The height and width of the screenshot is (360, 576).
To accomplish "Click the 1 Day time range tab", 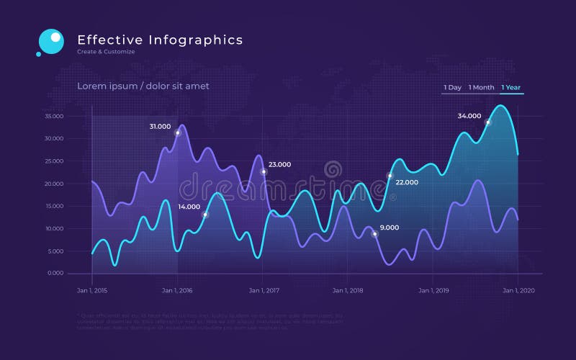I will (x=452, y=88).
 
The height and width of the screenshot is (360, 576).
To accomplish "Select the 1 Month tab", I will (x=481, y=88).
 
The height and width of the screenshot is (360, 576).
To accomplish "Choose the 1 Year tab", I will (x=511, y=88).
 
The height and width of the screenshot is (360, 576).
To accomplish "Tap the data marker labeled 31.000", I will (x=178, y=132).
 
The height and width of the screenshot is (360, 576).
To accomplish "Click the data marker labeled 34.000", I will (x=487, y=122).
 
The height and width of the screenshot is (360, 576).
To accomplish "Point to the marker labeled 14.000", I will (x=205, y=215).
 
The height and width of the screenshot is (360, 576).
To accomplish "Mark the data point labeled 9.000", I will (x=374, y=234).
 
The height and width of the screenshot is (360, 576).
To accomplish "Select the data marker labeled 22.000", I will (x=390, y=176).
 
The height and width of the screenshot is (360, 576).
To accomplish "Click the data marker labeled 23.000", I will (x=264, y=172).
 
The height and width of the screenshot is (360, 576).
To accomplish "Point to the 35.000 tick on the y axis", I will (x=55, y=116).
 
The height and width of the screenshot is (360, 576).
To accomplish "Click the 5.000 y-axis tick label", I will (x=56, y=251).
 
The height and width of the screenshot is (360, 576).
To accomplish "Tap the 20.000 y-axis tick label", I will (x=55, y=184).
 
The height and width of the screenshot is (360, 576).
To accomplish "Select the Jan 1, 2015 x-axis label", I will (x=92, y=290).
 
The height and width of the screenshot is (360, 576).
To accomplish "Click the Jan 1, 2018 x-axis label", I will (x=348, y=290).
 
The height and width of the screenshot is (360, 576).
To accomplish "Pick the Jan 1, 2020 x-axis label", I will (x=518, y=290).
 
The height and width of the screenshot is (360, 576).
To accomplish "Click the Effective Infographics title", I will (x=160, y=40).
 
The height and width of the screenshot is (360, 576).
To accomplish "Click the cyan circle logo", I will (x=50, y=41).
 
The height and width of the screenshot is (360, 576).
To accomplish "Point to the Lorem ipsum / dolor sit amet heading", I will (x=143, y=86).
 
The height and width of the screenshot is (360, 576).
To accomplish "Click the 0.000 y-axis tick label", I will (x=56, y=273).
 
